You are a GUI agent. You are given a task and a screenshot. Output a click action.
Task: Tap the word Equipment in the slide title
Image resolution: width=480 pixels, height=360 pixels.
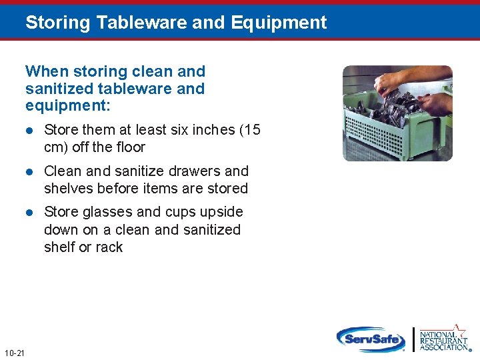pos(279,23)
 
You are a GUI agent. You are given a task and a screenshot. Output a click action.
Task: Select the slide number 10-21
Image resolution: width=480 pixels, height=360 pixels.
pos(14,353)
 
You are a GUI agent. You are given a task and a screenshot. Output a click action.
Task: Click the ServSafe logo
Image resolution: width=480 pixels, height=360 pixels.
pos(371,339)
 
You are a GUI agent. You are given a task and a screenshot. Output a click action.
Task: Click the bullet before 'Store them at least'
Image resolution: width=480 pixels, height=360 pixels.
pos(29,130)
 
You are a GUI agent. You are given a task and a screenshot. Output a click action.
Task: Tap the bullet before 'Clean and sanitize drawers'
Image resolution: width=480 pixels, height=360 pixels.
pos(29,171)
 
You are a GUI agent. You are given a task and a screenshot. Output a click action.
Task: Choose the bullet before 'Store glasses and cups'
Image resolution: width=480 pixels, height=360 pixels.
pos(29,213)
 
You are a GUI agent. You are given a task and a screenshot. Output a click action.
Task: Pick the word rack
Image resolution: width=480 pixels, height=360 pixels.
pos(109,247)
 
